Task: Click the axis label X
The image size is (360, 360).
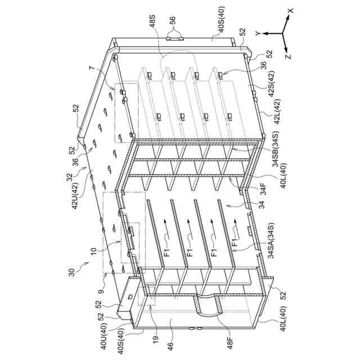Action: click(290, 10)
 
